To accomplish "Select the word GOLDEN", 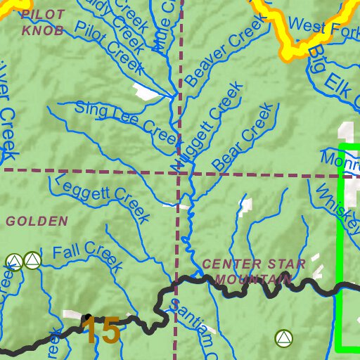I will coord(37,221).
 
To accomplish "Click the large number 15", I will coord(102,331).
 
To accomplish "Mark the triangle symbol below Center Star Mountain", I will coord(283,339).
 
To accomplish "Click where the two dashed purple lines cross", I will coord(177,171).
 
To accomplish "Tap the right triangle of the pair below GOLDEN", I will coord(32,261).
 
